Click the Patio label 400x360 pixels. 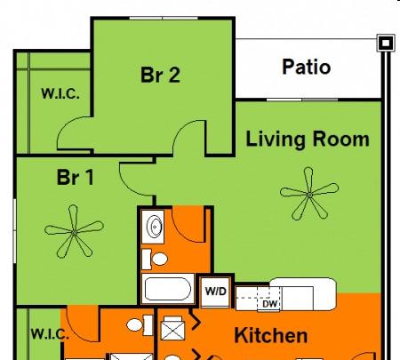point(307,67)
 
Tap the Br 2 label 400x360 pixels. point(160,75)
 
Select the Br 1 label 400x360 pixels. point(76,177)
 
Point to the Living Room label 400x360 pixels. point(308,139)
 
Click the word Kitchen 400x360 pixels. point(271,335)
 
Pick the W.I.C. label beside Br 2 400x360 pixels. point(60,93)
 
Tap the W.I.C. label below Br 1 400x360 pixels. point(50,334)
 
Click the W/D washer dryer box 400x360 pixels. point(215,292)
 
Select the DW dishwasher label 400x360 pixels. point(269,304)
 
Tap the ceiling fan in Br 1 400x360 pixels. point(74,233)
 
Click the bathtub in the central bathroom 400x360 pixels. point(167,289)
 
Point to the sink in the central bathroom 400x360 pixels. point(154,227)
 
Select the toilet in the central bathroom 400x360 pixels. point(155,259)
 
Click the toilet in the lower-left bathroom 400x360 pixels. point(140,325)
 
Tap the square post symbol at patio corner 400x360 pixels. point(386,43)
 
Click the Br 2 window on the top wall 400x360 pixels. point(164,19)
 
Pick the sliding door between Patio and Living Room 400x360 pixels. point(302,100)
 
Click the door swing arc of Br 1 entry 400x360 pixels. point(133,185)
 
